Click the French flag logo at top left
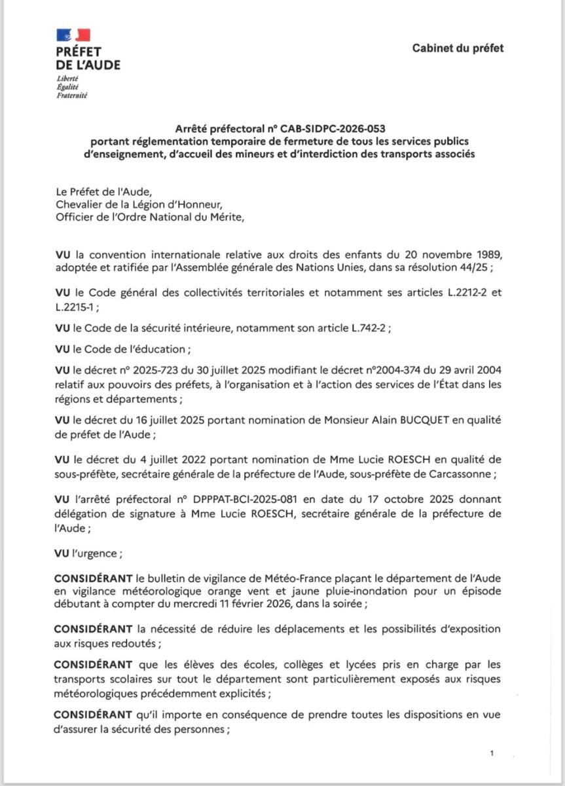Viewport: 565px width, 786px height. [x=73, y=34]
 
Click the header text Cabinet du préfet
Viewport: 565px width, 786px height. [x=458, y=48]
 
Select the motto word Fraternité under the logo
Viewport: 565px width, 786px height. [x=73, y=95]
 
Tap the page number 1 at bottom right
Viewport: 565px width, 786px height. [x=491, y=755]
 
